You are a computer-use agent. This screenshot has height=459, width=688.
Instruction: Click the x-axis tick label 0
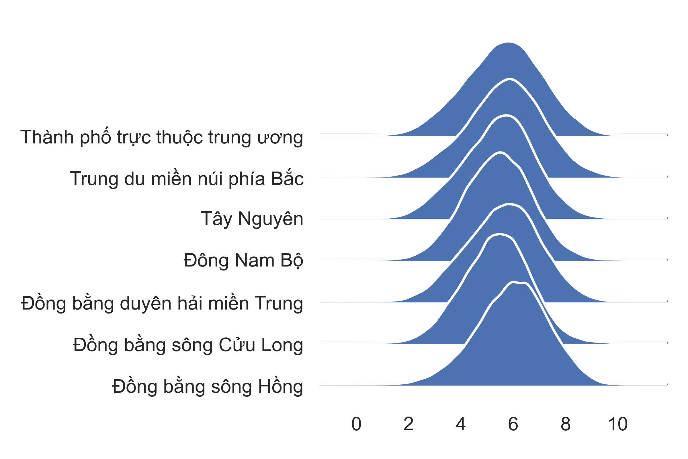(356, 424)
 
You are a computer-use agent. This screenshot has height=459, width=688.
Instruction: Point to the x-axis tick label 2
(409, 424)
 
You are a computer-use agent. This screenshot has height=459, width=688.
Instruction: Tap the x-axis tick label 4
(461, 424)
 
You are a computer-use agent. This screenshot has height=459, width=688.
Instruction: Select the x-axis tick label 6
(513, 424)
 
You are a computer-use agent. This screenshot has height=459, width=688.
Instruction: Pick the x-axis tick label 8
(565, 424)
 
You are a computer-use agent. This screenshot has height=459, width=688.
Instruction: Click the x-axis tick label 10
(617, 424)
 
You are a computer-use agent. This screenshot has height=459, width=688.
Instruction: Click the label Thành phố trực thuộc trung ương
(162, 137)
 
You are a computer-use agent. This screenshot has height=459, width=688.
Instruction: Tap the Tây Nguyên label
(252, 219)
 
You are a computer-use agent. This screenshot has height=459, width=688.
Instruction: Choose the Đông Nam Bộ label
(243, 260)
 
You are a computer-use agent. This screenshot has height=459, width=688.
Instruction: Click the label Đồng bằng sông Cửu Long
(188, 344)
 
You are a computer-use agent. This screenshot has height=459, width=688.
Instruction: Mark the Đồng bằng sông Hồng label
(208, 386)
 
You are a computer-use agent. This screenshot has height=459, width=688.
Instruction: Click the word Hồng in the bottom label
(281, 386)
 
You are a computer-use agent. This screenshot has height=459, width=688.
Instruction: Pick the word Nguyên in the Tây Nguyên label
(271, 219)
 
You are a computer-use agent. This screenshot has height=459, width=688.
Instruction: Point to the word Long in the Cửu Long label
(282, 345)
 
